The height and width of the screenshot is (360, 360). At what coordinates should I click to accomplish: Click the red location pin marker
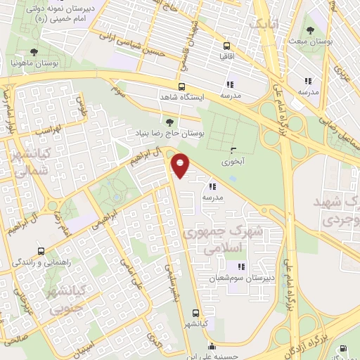point(181,165)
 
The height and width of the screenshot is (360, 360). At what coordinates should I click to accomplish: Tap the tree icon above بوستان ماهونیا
point(34,52)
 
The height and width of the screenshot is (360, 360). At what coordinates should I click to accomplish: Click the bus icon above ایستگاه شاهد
point(182,86)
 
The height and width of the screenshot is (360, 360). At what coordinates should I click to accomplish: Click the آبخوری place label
point(233,161)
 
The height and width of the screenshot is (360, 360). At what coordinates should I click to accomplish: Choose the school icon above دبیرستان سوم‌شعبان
point(242,267)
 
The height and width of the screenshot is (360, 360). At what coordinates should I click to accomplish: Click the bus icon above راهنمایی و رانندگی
point(40,251)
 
